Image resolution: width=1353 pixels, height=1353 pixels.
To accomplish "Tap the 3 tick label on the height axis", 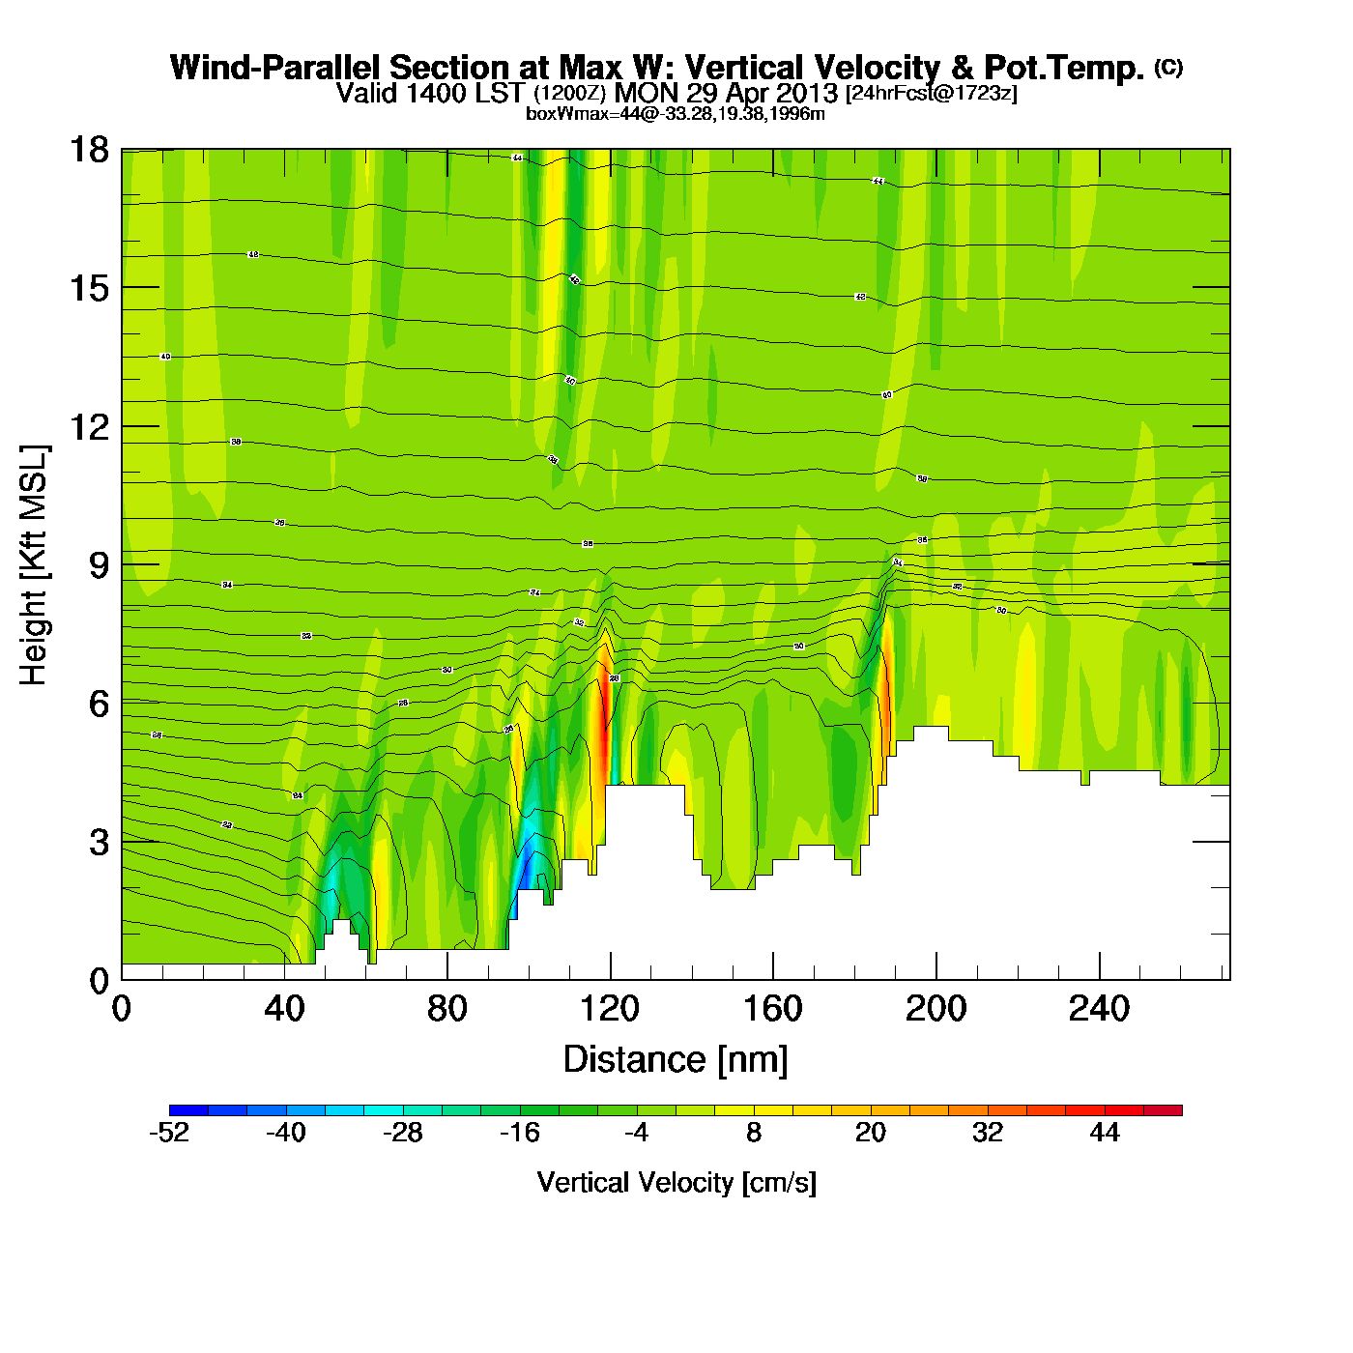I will click(x=99, y=842).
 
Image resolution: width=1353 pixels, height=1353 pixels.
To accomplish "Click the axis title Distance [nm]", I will click(x=676, y=1060).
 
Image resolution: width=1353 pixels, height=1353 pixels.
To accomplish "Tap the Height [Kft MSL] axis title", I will click(x=34, y=565).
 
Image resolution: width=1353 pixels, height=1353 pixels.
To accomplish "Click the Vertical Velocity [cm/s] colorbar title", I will click(x=676, y=1183).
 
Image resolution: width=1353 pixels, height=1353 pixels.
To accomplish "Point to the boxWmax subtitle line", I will click(x=675, y=114).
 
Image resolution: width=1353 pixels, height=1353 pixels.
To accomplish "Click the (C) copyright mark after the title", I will click(x=1168, y=67).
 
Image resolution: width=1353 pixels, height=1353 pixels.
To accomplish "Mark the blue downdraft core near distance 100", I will click(x=525, y=865).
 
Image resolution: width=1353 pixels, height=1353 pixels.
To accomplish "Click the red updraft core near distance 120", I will click(x=604, y=715).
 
